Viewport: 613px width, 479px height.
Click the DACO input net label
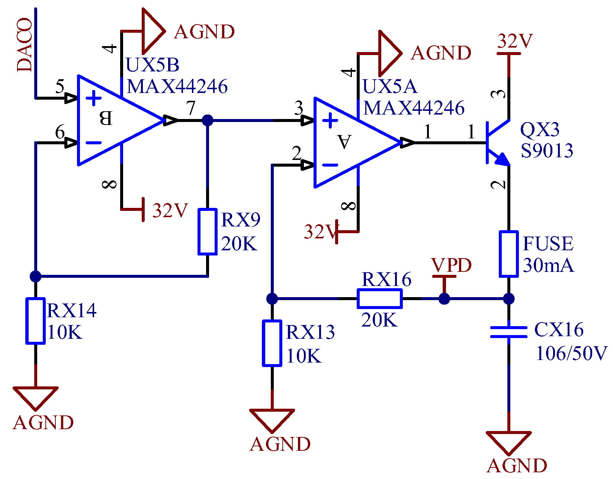point(25,45)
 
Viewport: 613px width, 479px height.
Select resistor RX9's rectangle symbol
point(207,232)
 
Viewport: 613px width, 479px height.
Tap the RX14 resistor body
point(35,321)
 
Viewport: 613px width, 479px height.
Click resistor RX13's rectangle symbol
point(272,343)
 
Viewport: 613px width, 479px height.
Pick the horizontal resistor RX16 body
point(379,298)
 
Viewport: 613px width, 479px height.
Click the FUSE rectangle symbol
point(508,254)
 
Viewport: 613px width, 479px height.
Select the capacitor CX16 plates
point(508,332)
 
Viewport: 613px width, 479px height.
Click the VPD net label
point(452,266)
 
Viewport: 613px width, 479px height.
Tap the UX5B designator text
point(153,65)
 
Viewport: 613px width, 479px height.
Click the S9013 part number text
point(547,151)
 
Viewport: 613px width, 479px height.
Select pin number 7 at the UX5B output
point(191,108)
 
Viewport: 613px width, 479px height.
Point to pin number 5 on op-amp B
point(60,87)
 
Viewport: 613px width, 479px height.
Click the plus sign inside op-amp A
point(330,121)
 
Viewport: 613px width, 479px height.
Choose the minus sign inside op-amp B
point(93,143)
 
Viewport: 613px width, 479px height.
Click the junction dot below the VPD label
point(444,299)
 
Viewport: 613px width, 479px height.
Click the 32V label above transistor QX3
point(515,41)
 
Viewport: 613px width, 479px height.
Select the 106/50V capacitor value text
point(571,353)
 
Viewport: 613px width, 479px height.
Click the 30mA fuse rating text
point(548,266)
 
